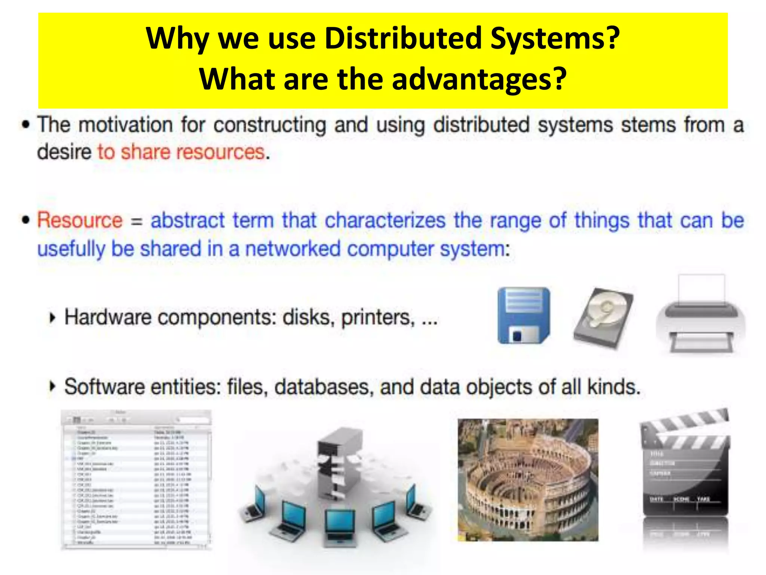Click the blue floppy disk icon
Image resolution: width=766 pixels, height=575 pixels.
point(524,315)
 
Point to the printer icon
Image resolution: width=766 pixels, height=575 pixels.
point(701,316)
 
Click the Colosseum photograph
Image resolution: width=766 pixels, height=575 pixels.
point(528,480)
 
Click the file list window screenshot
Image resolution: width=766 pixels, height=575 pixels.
point(136,480)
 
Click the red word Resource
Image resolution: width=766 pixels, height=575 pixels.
point(80,220)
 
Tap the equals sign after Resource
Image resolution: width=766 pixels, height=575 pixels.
point(137,222)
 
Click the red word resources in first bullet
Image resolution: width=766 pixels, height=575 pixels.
point(220,152)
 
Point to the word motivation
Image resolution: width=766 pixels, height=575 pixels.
point(126,125)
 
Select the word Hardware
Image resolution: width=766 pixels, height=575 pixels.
point(108,317)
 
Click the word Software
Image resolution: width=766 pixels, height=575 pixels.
point(104,387)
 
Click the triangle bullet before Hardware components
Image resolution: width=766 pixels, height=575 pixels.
point(52,318)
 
